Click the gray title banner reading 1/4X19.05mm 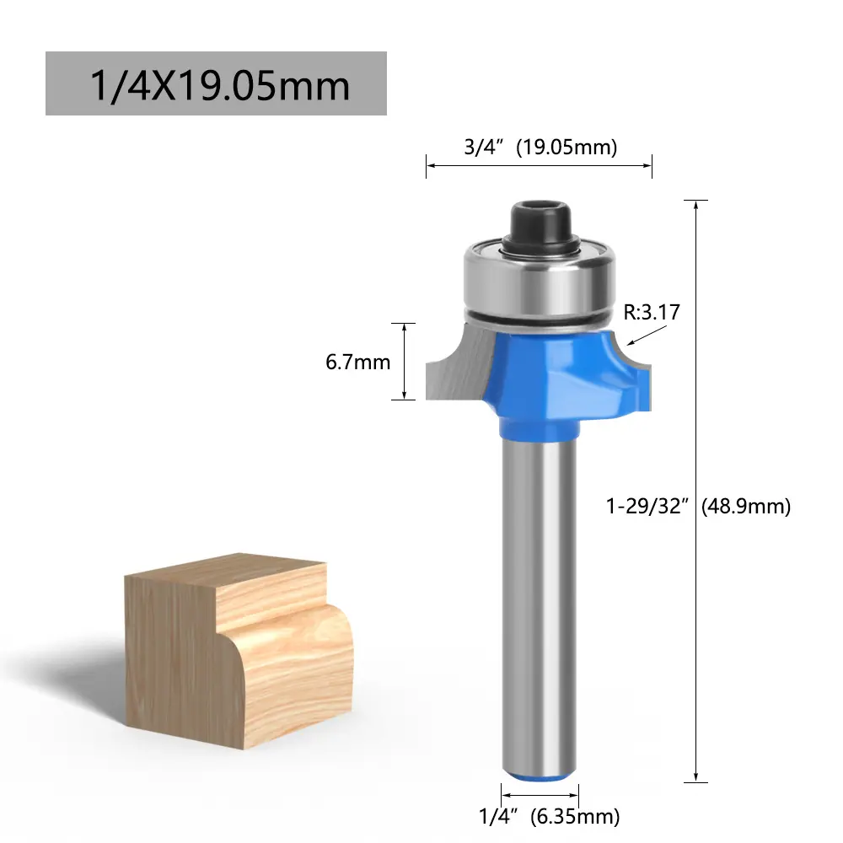(x=216, y=83)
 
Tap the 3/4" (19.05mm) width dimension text (x=541, y=147)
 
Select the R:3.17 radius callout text (x=652, y=312)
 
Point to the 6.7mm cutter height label (x=358, y=362)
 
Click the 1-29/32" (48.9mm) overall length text (x=698, y=506)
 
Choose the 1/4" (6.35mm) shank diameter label (x=550, y=816)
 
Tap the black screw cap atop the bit (x=540, y=225)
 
